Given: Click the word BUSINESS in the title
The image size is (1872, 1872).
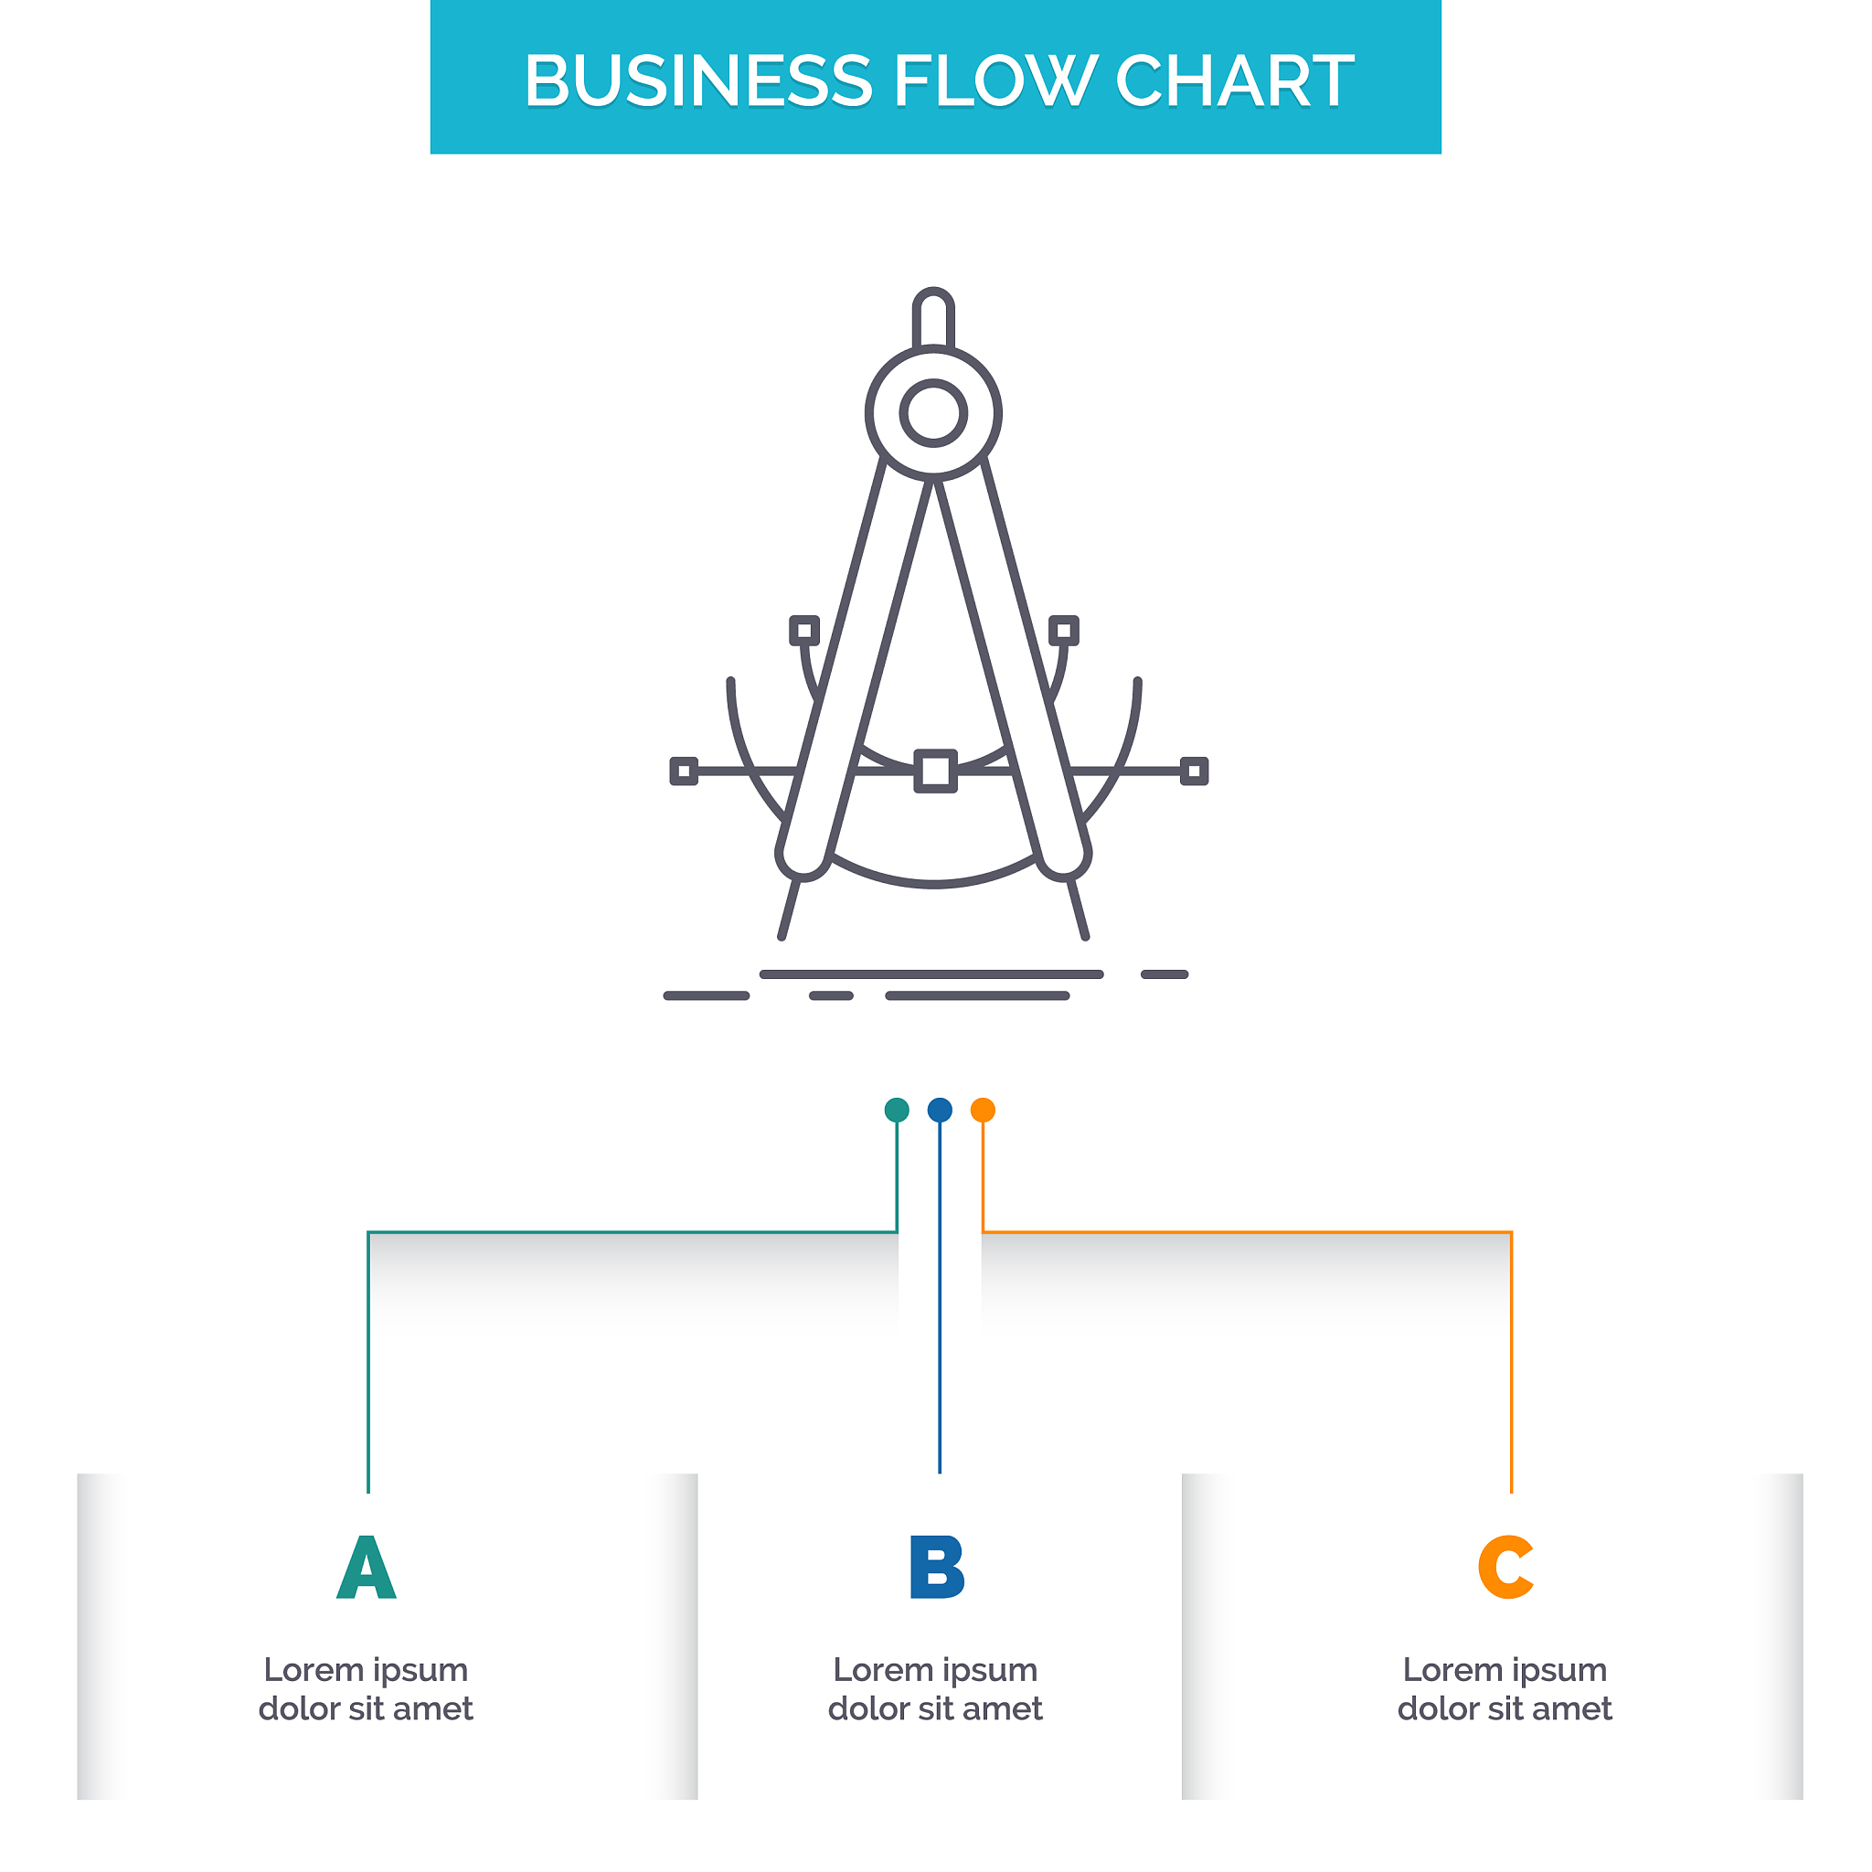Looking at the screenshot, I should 697,80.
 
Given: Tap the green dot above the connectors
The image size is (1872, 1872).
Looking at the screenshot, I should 898,1111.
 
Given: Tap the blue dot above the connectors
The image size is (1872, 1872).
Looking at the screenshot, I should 940,1111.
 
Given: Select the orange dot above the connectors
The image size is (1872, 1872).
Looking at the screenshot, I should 983,1111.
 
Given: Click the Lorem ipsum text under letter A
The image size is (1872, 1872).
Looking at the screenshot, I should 367,1689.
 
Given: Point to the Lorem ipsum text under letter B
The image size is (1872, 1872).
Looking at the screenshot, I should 936,1689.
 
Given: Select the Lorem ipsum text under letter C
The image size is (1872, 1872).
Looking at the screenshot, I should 1505,1689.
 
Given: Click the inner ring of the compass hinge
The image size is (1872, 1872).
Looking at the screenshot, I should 933,414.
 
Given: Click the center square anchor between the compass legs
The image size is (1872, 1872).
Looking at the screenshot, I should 936,771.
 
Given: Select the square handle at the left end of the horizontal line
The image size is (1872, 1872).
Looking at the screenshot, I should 684,771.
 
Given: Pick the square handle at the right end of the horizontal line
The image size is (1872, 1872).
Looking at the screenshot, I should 1194,771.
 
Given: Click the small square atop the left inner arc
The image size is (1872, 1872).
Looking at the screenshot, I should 804,631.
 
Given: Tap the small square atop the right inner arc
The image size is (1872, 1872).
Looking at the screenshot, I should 1064,631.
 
